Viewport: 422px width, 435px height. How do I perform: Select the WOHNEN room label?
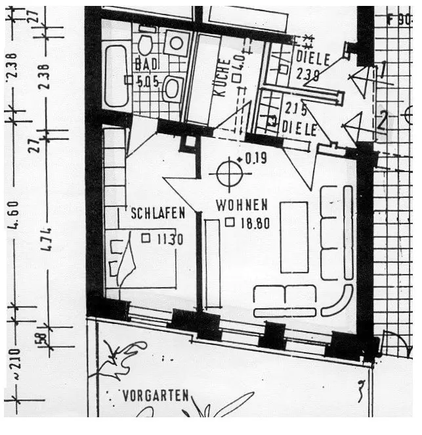pos(242,205)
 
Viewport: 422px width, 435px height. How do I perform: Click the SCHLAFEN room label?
pos(158,213)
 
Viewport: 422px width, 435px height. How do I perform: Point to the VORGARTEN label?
pos(156,396)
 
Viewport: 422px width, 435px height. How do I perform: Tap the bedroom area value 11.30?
pos(169,239)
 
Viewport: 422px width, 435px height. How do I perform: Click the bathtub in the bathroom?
pos(116,76)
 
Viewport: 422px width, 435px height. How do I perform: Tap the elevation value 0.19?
pos(257,158)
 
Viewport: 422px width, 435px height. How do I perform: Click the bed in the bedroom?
pos(141,260)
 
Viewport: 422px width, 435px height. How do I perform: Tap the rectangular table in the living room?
pos(293,237)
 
